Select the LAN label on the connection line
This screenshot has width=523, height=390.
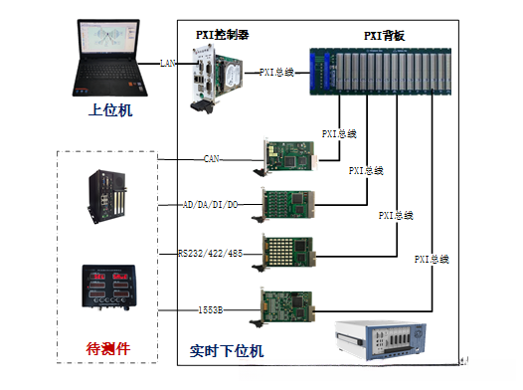[168, 63]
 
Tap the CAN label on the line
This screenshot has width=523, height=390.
[211, 157]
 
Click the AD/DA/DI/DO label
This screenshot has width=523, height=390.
[210, 205]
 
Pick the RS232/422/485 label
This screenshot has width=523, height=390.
[210, 253]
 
